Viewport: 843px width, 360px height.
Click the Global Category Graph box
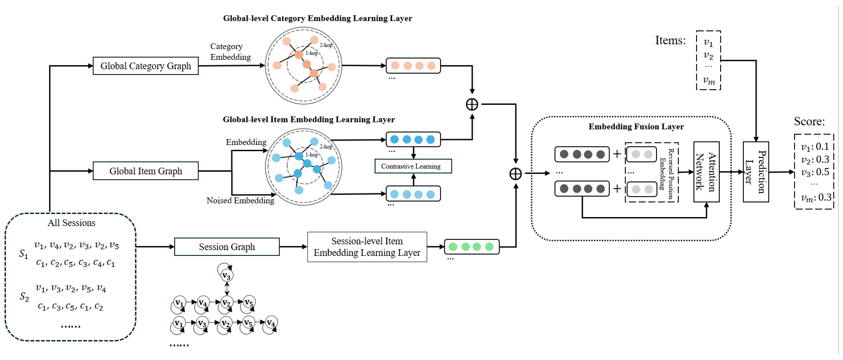[146, 66]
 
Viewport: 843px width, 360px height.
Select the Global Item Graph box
[146, 171]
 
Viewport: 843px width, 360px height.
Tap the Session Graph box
[227, 247]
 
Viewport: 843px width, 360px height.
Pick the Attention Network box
[706, 172]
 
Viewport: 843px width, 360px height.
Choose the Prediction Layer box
[756, 172]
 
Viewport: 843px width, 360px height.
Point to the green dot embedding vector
[471, 247]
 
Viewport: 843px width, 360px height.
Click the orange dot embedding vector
[413, 66]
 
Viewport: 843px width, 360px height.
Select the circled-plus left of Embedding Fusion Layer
[516, 174]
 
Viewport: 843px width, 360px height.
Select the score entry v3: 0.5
[815, 172]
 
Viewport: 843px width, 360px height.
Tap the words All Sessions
[71, 223]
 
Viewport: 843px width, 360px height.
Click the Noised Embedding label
[240, 200]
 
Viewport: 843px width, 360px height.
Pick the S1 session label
[24, 254]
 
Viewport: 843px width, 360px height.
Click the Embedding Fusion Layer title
[636, 127]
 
